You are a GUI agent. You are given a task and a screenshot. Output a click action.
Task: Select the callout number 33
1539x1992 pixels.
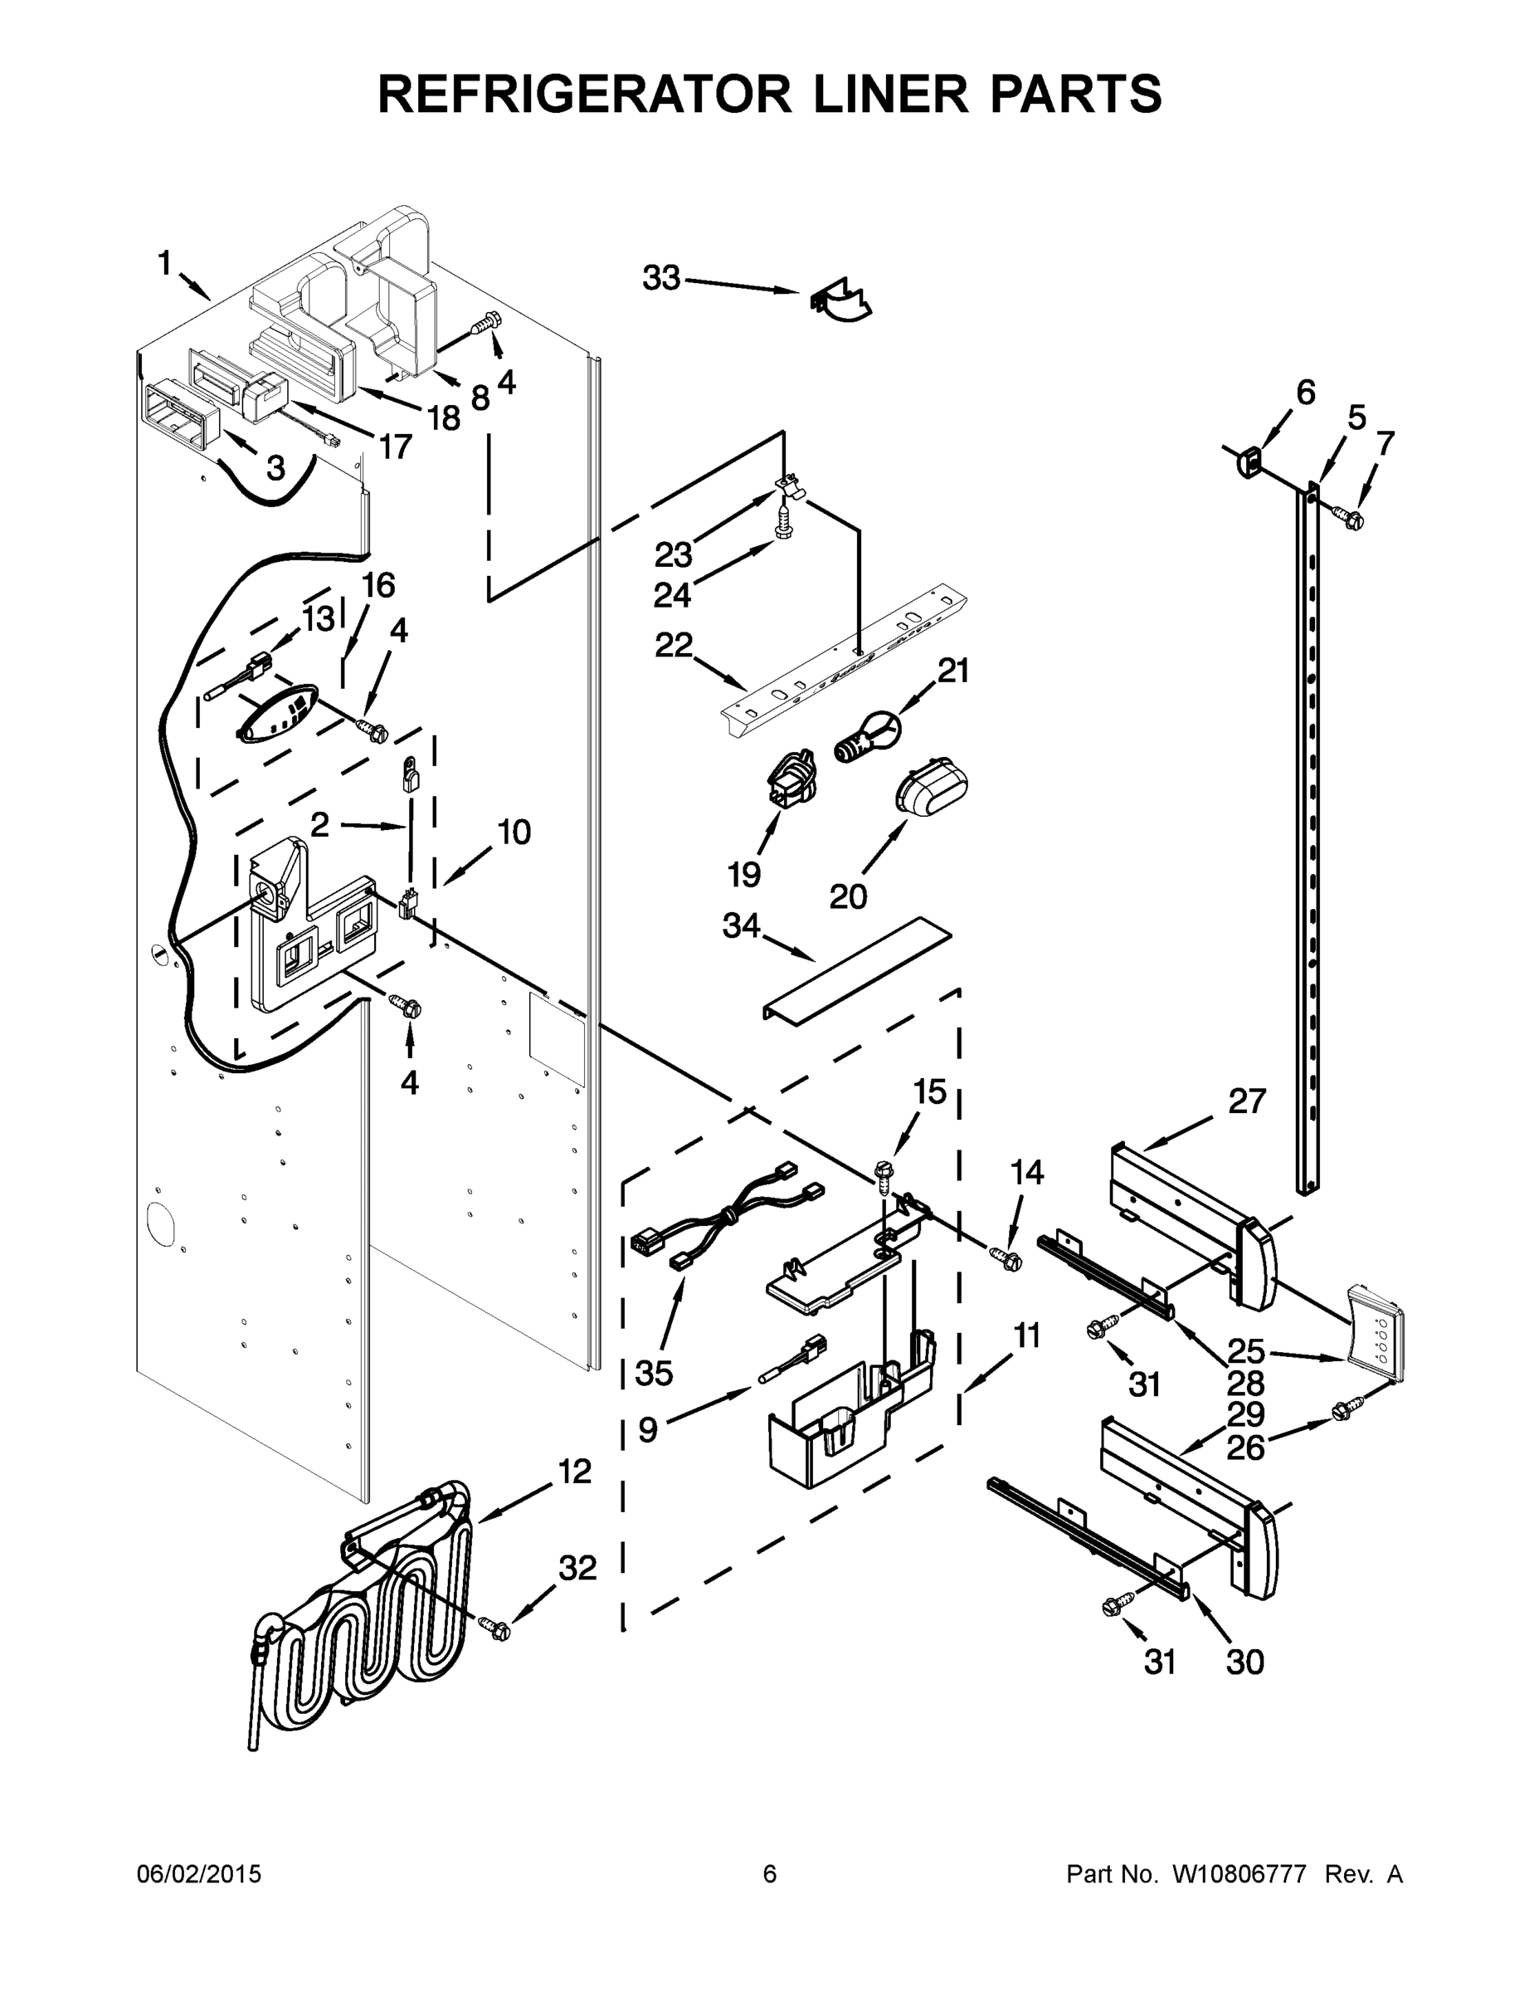(x=662, y=277)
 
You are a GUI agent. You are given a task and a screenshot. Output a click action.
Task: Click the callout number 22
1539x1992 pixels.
(x=674, y=645)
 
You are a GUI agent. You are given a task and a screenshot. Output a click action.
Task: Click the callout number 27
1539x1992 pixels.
(x=1246, y=1101)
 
